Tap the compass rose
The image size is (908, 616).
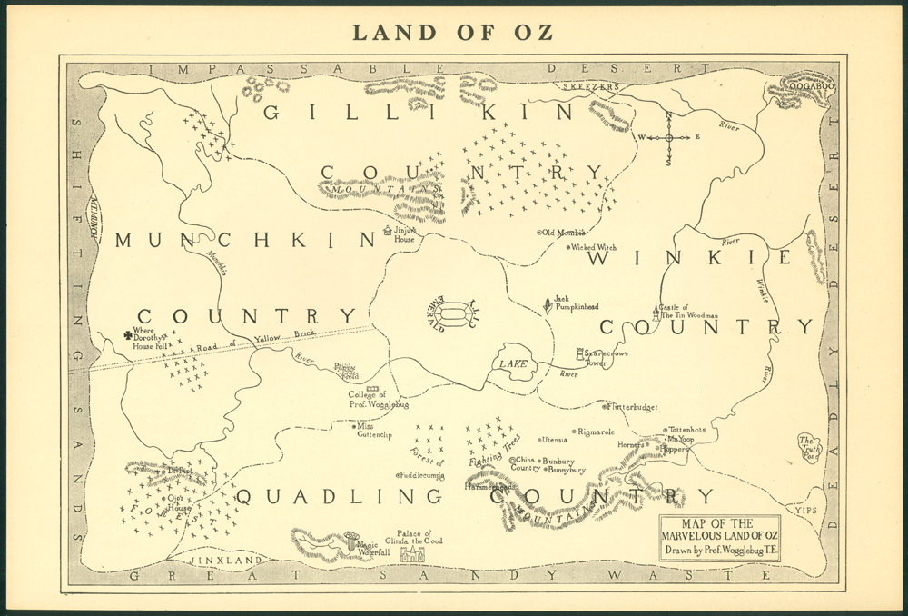(x=669, y=137)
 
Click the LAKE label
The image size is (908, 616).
(x=512, y=364)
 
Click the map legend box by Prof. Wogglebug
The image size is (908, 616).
(x=719, y=537)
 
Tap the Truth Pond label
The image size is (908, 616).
(x=810, y=449)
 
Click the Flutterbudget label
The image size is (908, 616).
(x=632, y=407)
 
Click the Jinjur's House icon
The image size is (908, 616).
(x=389, y=231)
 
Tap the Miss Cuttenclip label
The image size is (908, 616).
(x=375, y=430)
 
